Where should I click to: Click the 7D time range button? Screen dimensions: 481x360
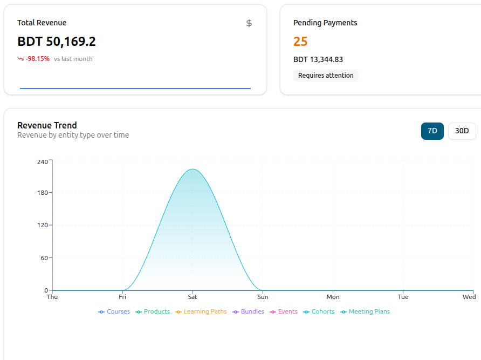[x=432, y=131]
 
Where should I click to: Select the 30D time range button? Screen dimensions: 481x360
[x=462, y=131]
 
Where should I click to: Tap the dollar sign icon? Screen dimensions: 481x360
[x=249, y=23]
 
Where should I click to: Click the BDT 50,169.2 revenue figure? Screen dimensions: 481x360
[x=57, y=42]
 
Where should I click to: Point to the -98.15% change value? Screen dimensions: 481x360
[x=37, y=59]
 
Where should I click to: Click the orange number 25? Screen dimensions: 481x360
[x=300, y=42]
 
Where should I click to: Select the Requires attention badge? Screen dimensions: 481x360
[x=326, y=75]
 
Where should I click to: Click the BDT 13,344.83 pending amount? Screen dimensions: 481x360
[x=318, y=59]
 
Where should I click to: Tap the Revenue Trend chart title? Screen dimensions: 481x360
[x=47, y=125]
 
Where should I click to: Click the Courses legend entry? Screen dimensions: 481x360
[x=114, y=311]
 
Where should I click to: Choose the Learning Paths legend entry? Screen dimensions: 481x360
[x=201, y=311]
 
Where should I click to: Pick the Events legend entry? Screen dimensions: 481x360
[x=284, y=311]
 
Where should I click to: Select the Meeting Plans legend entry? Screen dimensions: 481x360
[x=365, y=311]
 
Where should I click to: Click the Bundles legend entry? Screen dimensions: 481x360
[x=248, y=311]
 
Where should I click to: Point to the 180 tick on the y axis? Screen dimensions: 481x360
[x=43, y=193]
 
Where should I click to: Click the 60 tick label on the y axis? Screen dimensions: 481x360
[x=44, y=258]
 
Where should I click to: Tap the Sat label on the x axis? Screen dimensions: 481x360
[x=193, y=297]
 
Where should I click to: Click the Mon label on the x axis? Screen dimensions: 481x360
[x=333, y=297]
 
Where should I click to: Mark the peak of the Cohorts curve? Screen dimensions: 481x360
[x=193, y=169]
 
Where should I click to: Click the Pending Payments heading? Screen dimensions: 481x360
[x=325, y=23]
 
